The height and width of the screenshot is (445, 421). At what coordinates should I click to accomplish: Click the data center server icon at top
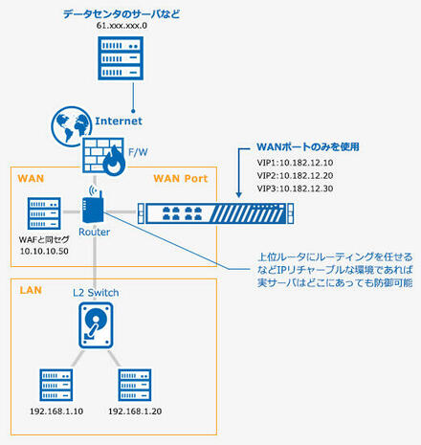point(121,58)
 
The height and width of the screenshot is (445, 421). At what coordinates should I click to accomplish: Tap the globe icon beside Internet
point(71,125)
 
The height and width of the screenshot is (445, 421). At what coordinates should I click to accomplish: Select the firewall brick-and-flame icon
point(104,156)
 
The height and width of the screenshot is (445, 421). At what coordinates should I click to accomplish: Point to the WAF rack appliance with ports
point(215,213)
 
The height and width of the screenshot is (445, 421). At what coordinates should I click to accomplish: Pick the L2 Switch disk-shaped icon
point(96,325)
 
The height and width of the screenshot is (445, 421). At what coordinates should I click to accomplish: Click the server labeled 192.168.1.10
point(56,385)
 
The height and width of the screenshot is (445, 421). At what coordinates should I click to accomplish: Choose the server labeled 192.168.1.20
point(135,385)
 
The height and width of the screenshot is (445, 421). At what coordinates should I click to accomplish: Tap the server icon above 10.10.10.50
point(44,213)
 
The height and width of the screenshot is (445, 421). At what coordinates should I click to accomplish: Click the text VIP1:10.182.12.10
point(295,163)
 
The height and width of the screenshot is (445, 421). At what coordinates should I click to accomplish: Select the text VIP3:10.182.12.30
point(295,189)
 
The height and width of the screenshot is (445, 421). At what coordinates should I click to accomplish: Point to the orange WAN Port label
point(181,179)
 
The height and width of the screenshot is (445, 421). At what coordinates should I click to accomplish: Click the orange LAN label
point(31,290)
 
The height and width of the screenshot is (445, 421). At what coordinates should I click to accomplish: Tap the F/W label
point(138,152)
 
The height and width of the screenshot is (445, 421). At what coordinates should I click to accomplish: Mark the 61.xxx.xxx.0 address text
point(122,26)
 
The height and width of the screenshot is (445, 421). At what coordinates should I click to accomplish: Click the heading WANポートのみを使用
point(308,146)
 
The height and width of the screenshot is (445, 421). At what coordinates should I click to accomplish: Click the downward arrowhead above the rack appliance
point(238,194)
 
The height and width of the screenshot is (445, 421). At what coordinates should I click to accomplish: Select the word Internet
point(119,121)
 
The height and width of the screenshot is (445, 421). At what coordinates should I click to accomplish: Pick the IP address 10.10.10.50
point(44,252)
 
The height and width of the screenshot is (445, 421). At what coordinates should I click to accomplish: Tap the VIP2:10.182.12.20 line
point(295,176)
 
